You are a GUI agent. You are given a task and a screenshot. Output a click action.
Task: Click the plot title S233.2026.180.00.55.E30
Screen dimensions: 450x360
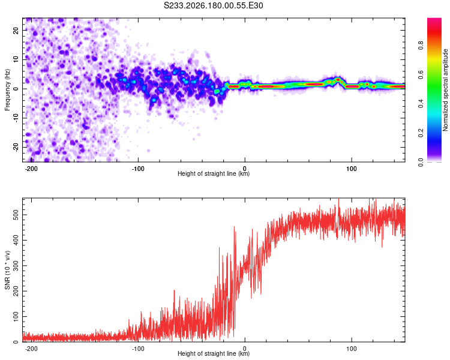[x=213, y=5]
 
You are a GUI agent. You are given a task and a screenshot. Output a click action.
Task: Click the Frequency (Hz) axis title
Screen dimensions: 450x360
[x=7, y=90]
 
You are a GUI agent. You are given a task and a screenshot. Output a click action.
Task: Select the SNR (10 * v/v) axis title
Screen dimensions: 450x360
[x=7, y=270]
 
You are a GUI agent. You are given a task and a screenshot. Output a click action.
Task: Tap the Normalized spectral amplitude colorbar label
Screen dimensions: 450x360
[x=445, y=89]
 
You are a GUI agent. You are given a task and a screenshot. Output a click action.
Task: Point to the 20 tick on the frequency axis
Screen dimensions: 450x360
[x=16, y=31]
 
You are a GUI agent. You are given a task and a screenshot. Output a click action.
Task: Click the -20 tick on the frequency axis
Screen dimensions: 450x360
[x=16, y=147]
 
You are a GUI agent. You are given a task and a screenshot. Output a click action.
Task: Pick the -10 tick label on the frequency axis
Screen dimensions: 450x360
[x=16, y=118]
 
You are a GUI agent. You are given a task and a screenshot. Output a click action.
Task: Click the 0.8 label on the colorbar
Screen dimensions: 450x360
[x=421, y=46]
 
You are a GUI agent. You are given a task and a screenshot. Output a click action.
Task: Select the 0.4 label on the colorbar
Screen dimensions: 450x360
[x=421, y=104]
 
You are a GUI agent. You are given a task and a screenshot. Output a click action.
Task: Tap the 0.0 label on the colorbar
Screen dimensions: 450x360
[x=421, y=162]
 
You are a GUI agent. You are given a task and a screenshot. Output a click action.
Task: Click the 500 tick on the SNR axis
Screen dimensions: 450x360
[x=16, y=215]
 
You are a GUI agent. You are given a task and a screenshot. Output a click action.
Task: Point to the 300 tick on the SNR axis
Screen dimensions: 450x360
[x=16, y=266]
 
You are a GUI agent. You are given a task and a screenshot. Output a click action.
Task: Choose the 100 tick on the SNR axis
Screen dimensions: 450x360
[x=16, y=316]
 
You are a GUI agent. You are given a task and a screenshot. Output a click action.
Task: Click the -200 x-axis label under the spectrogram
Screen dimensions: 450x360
[x=31, y=169]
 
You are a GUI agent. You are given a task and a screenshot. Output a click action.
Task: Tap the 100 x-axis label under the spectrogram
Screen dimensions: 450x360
[x=351, y=169]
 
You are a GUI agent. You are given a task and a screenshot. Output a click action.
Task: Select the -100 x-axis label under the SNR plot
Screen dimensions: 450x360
[x=138, y=349]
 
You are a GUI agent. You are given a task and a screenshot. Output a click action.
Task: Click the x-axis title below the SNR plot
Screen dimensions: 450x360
[x=214, y=353]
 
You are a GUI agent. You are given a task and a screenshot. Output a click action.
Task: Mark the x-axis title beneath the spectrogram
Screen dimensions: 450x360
[x=214, y=173]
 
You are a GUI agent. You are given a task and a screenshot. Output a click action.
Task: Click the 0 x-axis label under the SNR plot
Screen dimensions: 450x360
[x=245, y=349]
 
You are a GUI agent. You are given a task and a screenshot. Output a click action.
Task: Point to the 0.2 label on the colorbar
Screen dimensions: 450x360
[x=421, y=133]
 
